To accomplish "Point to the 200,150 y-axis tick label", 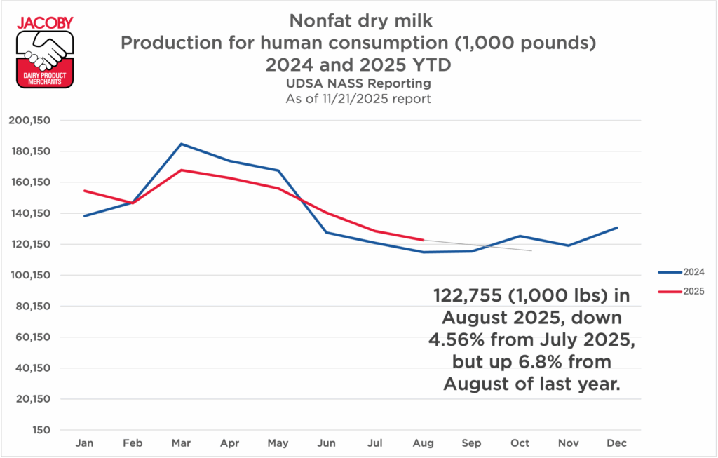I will [29, 121].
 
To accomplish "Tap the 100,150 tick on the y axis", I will [29, 275].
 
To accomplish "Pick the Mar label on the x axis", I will [182, 443].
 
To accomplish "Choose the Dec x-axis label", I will [617, 443].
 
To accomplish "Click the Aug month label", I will [424, 443].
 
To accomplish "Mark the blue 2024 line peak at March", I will [182, 144].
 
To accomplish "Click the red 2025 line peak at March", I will [182, 170].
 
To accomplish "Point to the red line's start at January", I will [85, 191].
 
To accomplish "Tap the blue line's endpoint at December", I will [617, 227].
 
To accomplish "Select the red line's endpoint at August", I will [424, 240].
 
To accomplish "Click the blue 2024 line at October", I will [520, 236].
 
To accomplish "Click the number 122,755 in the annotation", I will [470, 296].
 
